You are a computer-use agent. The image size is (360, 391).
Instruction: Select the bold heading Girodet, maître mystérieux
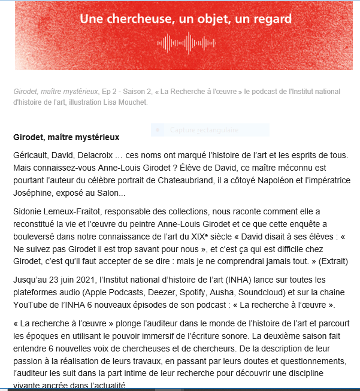point(66,137)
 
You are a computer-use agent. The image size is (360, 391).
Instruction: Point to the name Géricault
point(32,154)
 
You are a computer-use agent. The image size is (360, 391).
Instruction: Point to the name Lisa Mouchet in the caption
point(126,102)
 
